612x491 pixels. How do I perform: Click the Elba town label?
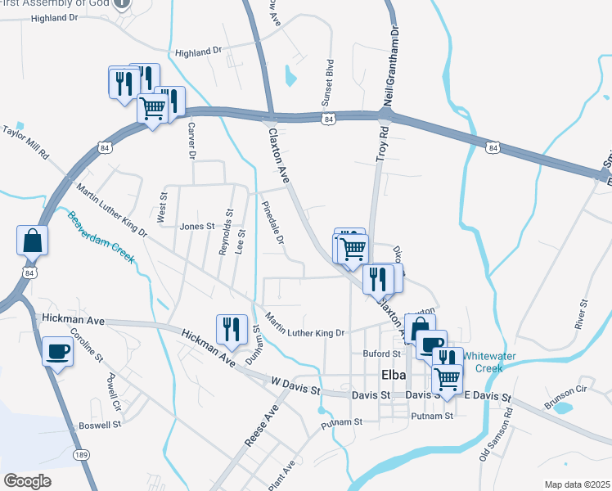[394, 376]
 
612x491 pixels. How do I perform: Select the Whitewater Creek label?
[493, 362]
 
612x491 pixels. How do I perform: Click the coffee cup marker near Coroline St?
[57, 352]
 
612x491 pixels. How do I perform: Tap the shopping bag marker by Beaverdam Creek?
[32, 241]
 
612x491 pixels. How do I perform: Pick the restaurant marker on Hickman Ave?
[231, 330]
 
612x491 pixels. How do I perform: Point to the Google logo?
[28, 480]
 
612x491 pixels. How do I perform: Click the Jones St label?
[196, 227]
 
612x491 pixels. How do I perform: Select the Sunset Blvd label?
[331, 77]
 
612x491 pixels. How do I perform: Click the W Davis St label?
[295, 387]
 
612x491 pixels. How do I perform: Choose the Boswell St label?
[100, 426]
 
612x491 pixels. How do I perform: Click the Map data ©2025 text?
[577, 484]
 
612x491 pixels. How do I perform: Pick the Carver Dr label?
[192, 141]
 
